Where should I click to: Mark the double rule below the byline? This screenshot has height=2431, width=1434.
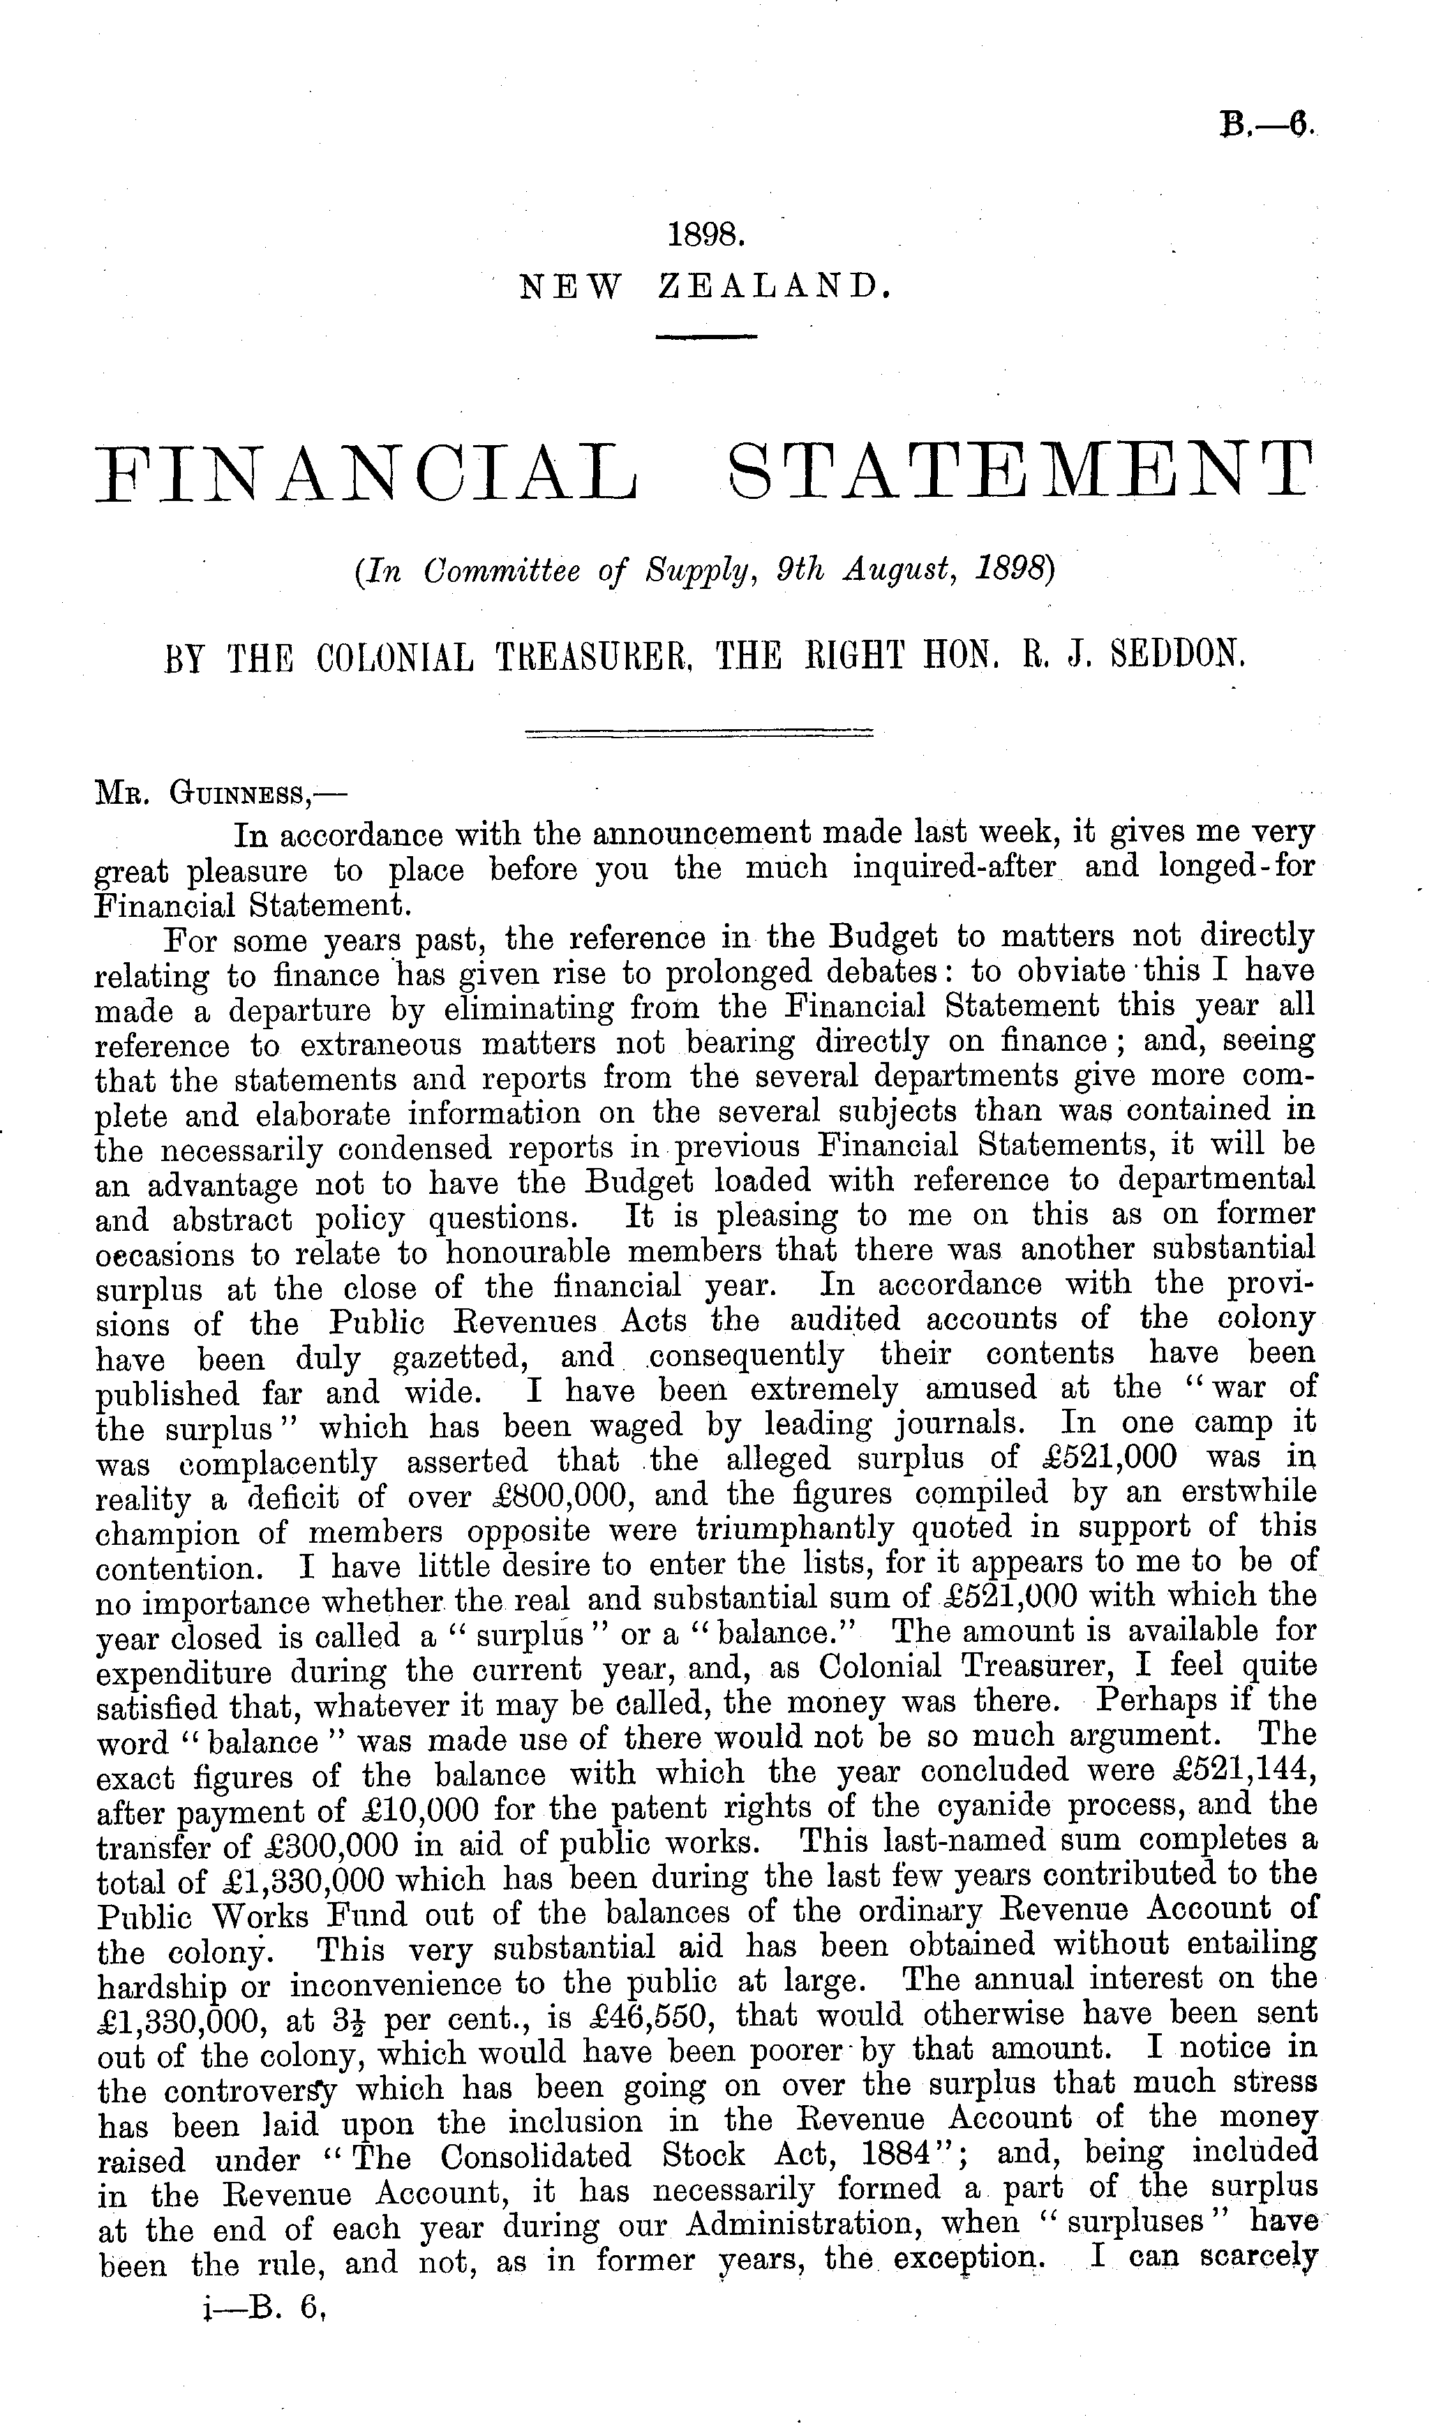pos(698,735)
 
